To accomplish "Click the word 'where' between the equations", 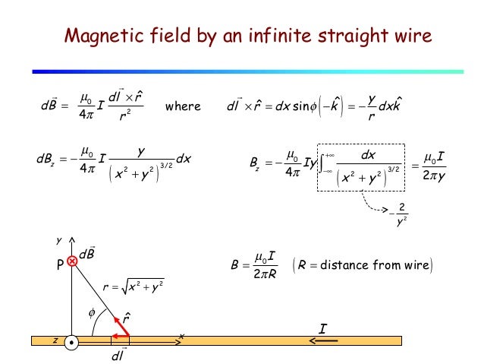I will (183, 106).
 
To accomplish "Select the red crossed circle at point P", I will (72, 261).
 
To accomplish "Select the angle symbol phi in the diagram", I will (94, 312).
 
